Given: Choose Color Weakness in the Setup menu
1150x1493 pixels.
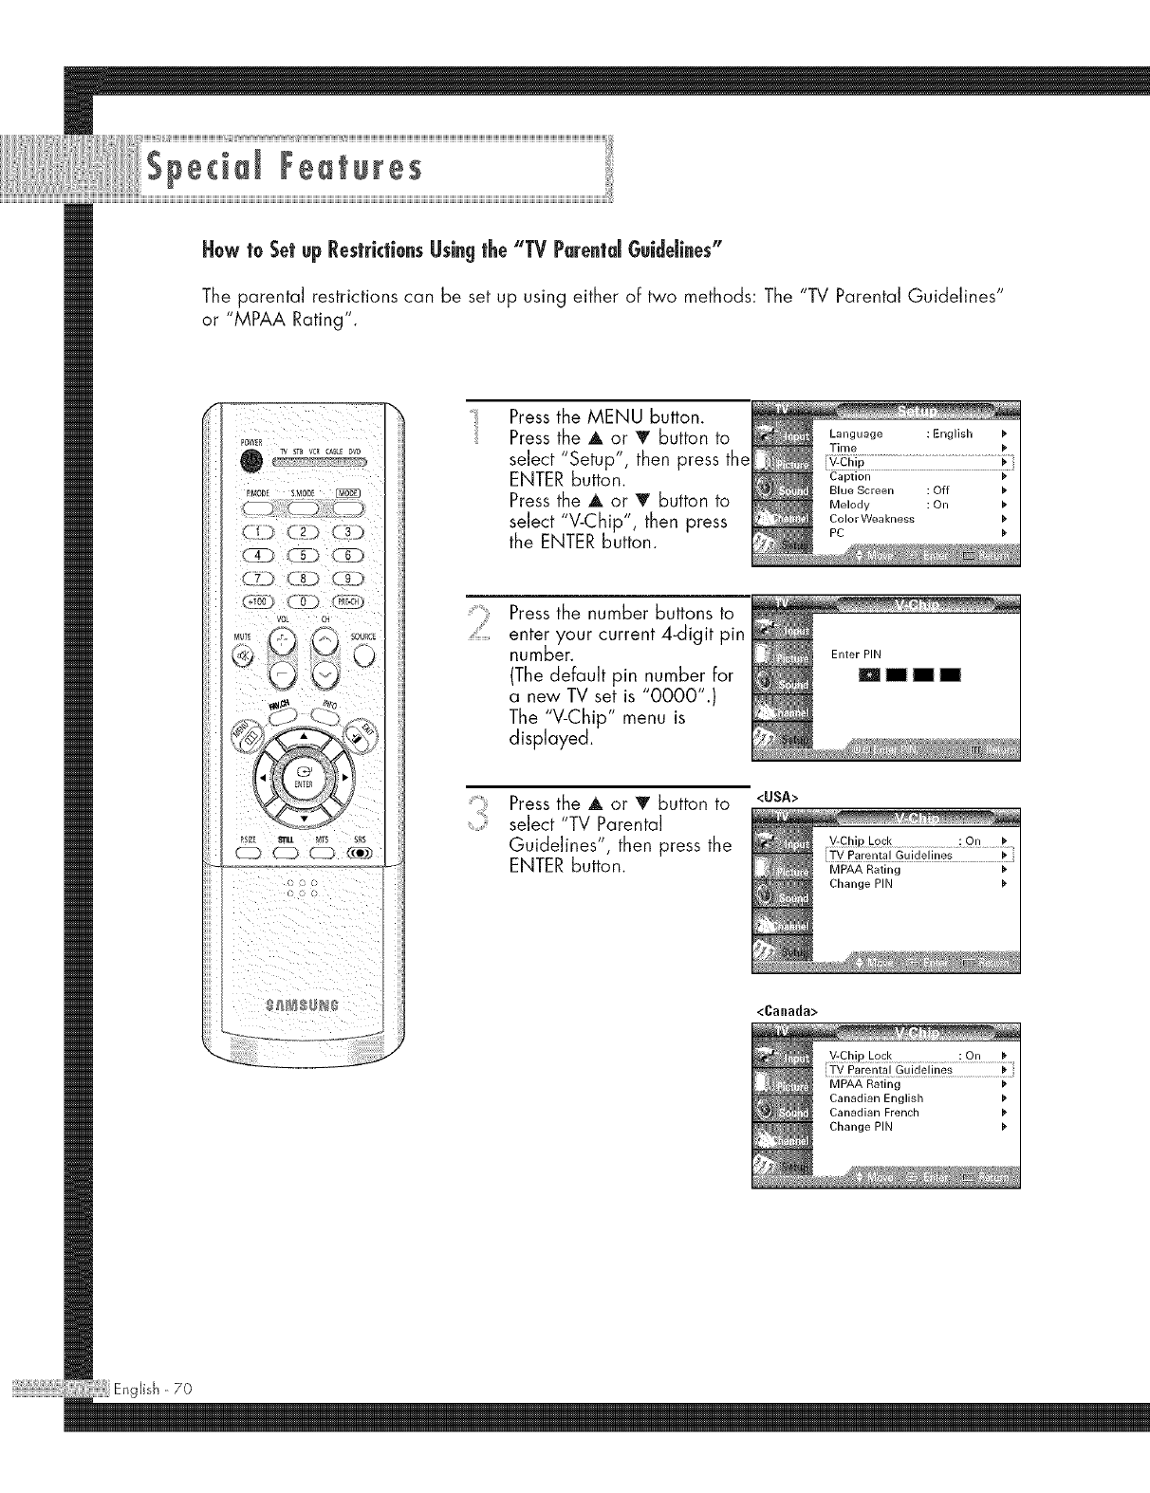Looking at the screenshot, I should (871, 519).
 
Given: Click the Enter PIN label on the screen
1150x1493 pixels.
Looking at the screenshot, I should (856, 654).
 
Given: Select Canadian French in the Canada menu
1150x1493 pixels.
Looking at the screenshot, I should (874, 1113).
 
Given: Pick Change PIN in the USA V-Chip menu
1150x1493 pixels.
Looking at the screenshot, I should (861, 884).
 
